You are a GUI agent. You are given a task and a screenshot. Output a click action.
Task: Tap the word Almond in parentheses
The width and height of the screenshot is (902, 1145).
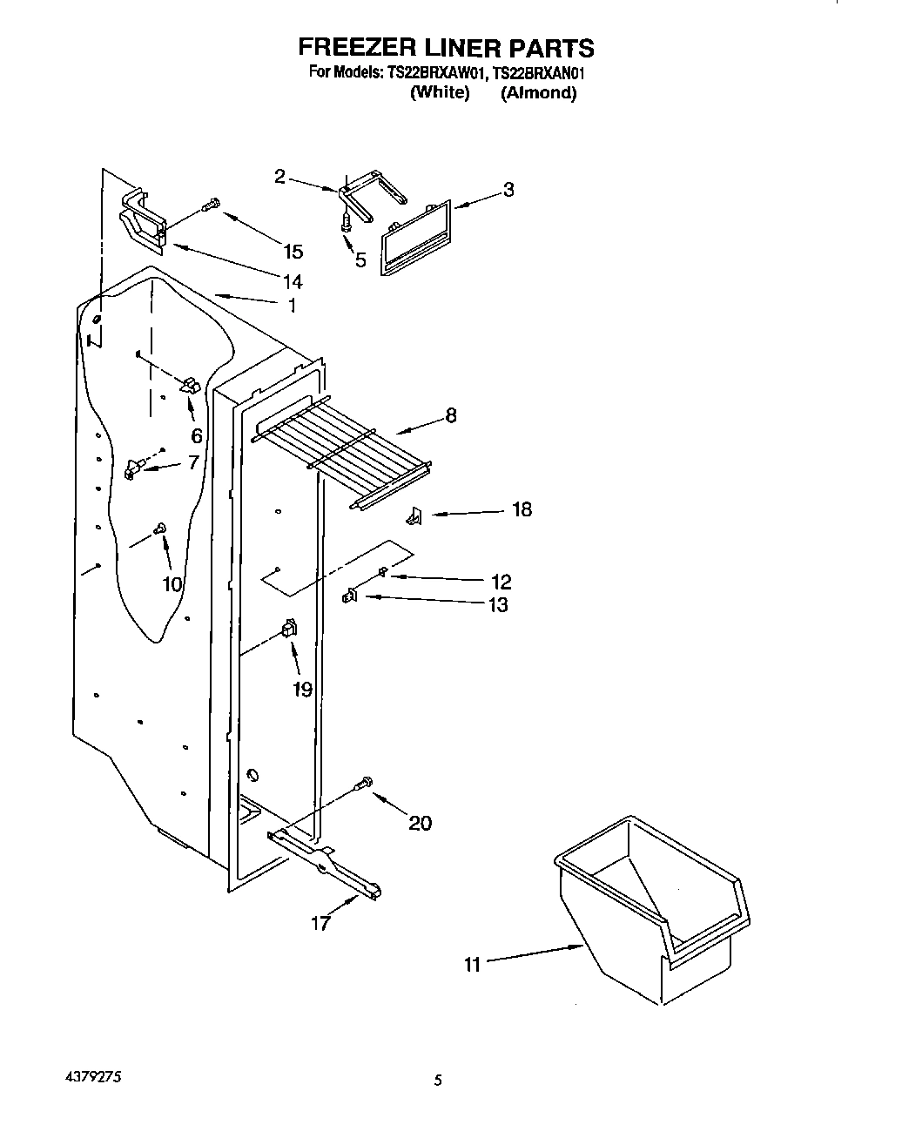tap(538, 93)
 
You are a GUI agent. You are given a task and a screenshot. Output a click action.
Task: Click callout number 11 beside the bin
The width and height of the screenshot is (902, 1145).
tap(472, 964)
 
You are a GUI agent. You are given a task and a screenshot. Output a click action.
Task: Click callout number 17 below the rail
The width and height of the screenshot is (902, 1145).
tap(321, 924)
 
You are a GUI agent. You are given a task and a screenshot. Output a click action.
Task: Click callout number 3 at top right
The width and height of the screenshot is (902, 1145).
tap(508, 189)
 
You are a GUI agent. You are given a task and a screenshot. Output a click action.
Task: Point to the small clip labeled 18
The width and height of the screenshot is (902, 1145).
tap(414, 517)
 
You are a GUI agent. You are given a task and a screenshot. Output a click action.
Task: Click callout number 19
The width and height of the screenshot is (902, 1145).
tap(301, 690)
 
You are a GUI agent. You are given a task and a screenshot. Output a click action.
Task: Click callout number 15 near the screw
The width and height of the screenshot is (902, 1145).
tap(293, 252)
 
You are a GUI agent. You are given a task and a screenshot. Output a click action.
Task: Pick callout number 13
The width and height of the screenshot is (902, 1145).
tap(498, 605)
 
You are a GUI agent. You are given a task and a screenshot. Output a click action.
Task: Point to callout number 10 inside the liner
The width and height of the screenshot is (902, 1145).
tap(172, 583)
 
